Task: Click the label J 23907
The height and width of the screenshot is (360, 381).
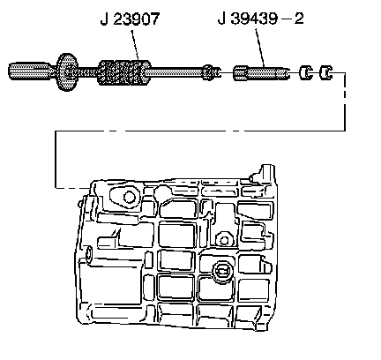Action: click(131, 19)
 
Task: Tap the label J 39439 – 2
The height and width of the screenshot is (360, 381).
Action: click(260, 19)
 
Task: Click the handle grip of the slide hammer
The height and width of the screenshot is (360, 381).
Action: click(31, 71)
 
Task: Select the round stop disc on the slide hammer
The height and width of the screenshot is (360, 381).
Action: click(67, 72)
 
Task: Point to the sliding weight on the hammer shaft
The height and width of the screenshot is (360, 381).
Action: click(123, 72)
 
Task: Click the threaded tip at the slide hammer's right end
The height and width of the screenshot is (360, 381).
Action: click(211, 72)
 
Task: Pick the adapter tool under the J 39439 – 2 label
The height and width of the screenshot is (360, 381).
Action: click(261, 73)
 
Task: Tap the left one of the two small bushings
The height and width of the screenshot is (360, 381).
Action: click(305, 72)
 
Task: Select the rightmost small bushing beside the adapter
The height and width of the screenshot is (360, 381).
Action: click(325, 72)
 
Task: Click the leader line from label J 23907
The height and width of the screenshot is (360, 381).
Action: click(135, 45)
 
